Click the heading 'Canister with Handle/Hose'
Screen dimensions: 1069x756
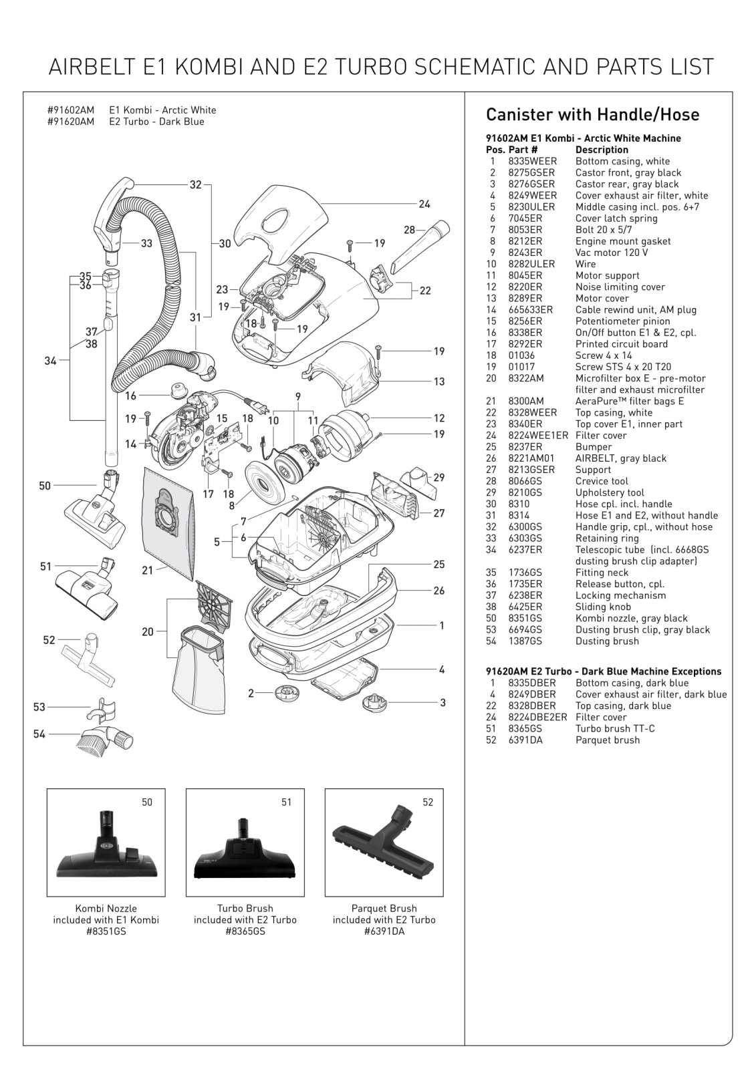tap(592, 115)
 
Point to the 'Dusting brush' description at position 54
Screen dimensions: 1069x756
tap(607, 641)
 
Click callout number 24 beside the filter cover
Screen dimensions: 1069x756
tap(424, 204)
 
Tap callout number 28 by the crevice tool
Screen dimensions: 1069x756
tap(410, 230)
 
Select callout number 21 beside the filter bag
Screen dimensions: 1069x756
tap(148, 570)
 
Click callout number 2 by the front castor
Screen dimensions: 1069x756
tap(251, 694)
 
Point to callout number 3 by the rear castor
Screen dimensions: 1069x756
tap(443, 702)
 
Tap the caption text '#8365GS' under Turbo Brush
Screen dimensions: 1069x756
tap(245, 931)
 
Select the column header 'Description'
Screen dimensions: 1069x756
tap(602, 150)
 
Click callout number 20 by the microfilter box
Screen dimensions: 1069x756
tap(148, 631)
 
